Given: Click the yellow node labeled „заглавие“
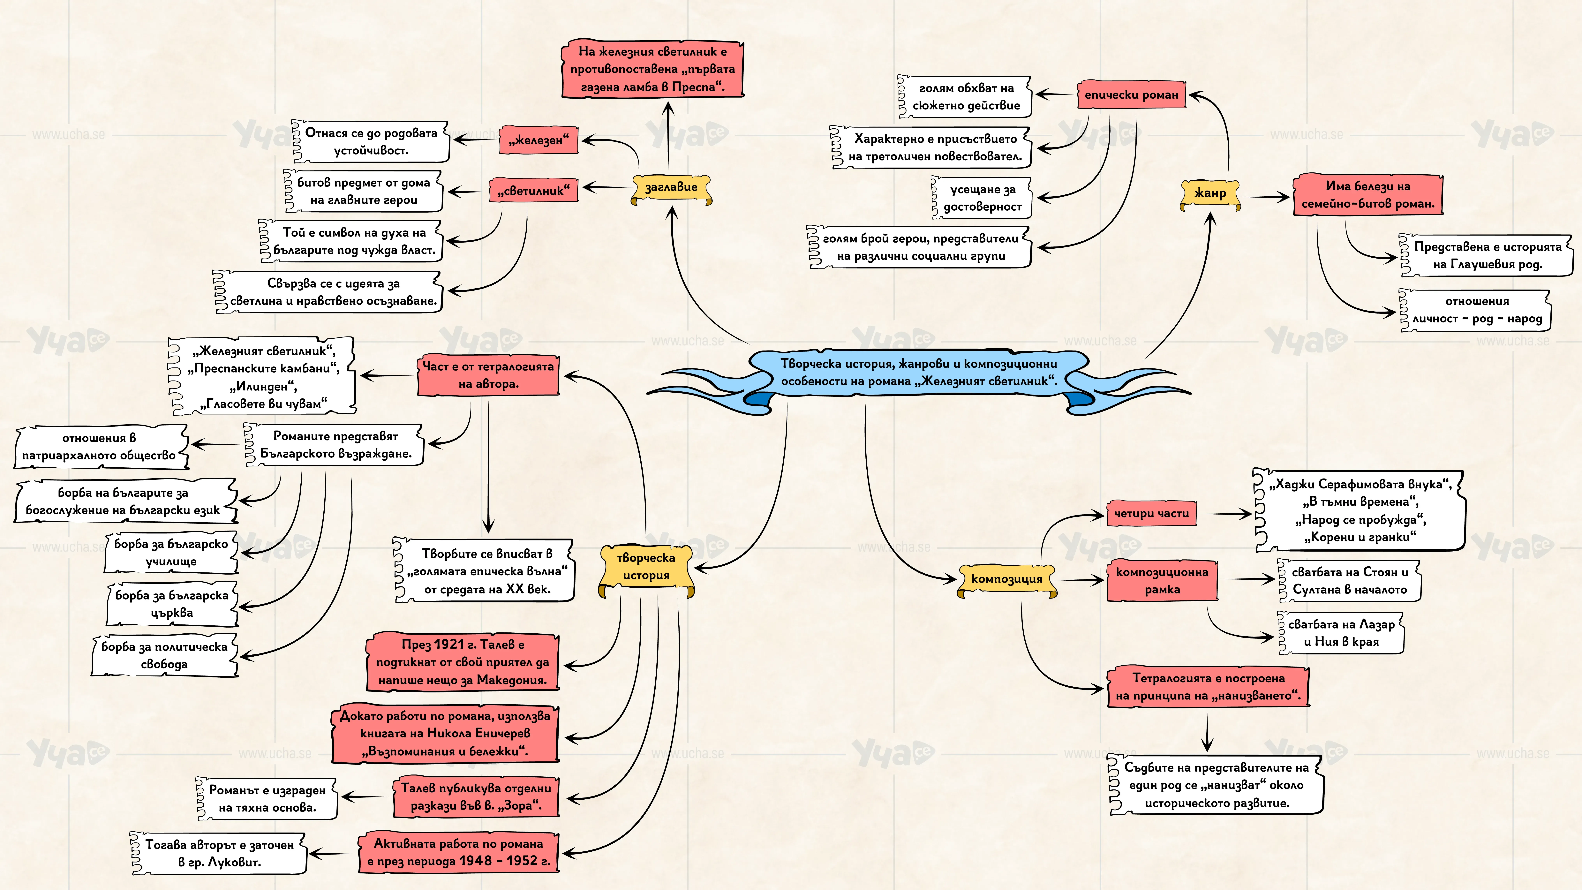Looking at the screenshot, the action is pyautogui.click(x=671, y=188).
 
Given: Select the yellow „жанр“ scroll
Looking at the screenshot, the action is pyautogui.click(x=1210, y=193).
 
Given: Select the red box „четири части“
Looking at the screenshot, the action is pyautogui.click(x=1151, y=514).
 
